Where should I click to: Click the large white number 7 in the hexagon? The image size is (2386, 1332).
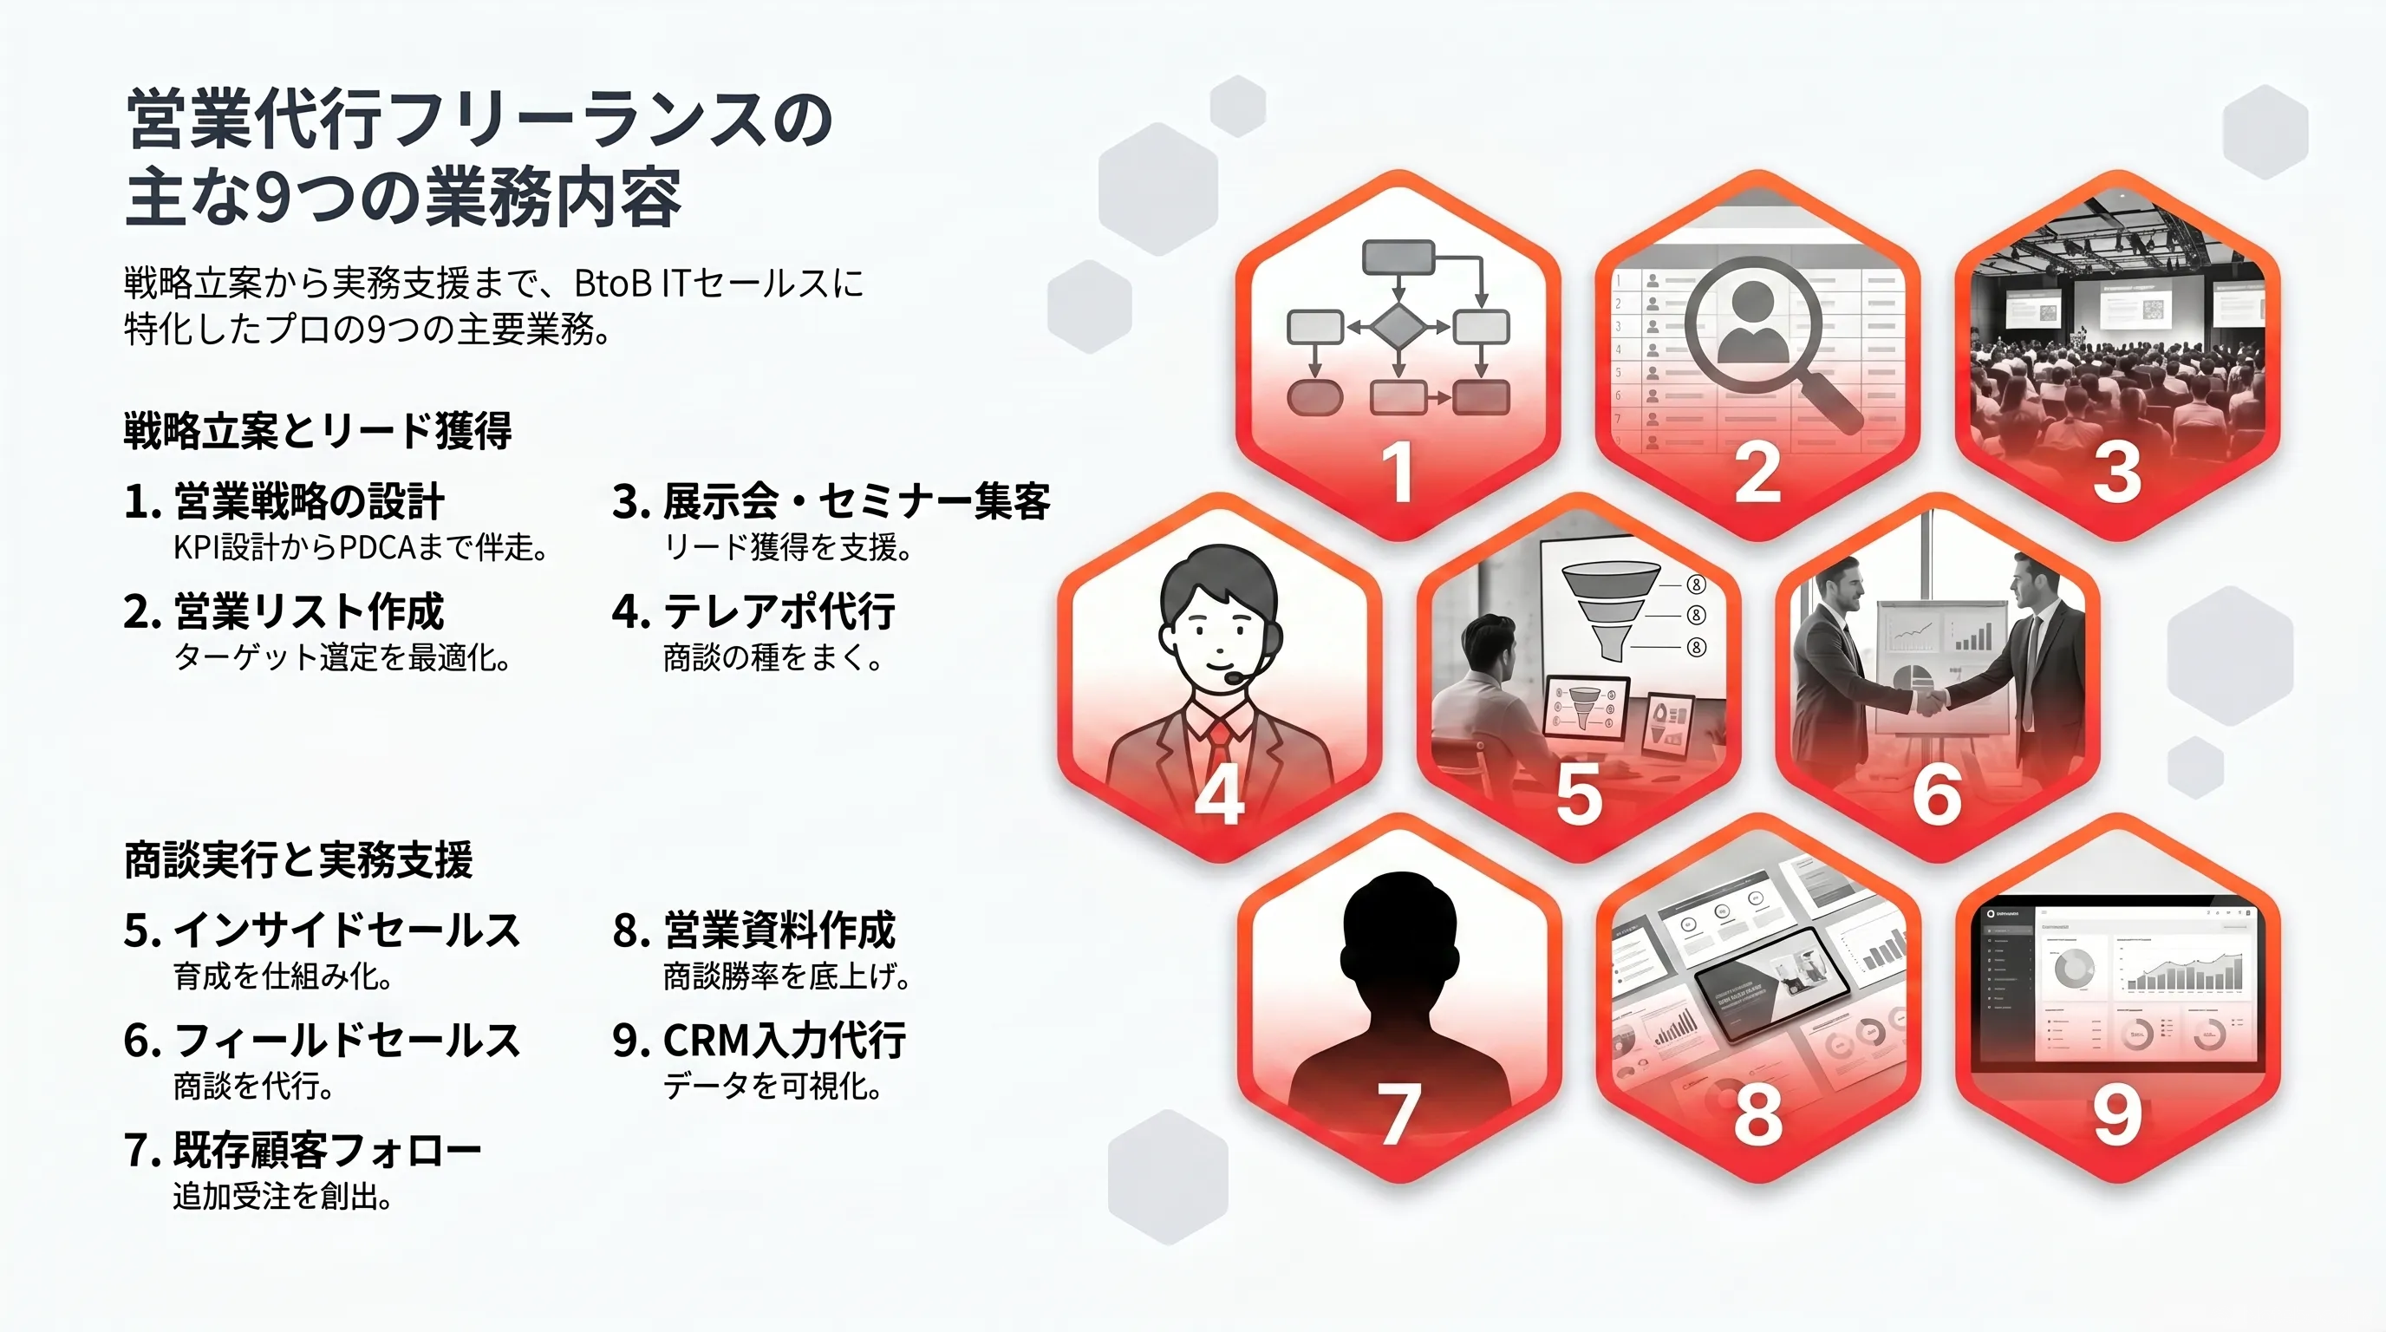[1398, 1114]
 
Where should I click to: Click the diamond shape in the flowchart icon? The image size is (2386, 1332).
[1398, 327]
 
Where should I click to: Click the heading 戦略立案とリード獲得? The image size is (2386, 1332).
[317, 432]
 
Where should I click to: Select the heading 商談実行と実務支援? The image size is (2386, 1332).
[298, 859]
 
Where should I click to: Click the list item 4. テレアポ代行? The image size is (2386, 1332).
[754, 611]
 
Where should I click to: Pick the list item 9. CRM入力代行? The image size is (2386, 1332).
[759, 1041]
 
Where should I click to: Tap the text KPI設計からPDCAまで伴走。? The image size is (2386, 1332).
[361, 547]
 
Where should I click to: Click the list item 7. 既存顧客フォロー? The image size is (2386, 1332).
[303, 1151]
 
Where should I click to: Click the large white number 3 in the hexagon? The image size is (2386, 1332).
[2117, 473]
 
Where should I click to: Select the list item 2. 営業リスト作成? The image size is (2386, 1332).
[284, 611]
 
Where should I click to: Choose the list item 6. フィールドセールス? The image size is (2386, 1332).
[323, 1041]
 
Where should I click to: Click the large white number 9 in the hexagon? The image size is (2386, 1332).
[2118, 1114]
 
